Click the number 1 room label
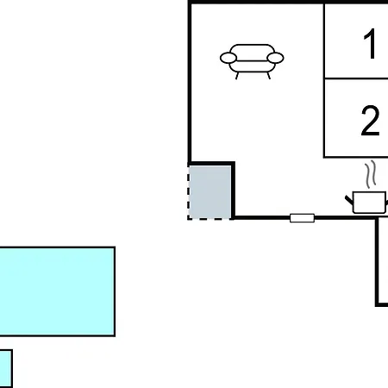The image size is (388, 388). click(370, 44)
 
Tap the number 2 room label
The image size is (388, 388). click(370, 121)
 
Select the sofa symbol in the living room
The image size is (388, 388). click(252, 61)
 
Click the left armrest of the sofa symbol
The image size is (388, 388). click(228, 58)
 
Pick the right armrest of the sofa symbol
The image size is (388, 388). click(275, 58)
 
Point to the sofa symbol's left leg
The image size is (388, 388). click(237, 76)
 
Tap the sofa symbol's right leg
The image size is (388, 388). click(268, 76)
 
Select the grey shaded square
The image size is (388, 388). click(210, 191)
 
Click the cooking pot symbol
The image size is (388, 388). click(367, 203)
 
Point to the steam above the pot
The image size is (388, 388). click(371, 174)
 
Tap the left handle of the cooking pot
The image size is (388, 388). click(349, 200)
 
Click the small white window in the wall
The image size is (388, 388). click(302, 218)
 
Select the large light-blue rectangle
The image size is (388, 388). click(57, 291)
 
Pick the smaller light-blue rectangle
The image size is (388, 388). click(6, 368)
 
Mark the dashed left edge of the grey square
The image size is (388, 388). click(189, 192)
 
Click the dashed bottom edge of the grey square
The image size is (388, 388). click(210, 219)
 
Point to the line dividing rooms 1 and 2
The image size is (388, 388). click(356, 78)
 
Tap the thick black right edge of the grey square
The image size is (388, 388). click(233, 191)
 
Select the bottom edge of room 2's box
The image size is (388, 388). click(356, 157)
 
